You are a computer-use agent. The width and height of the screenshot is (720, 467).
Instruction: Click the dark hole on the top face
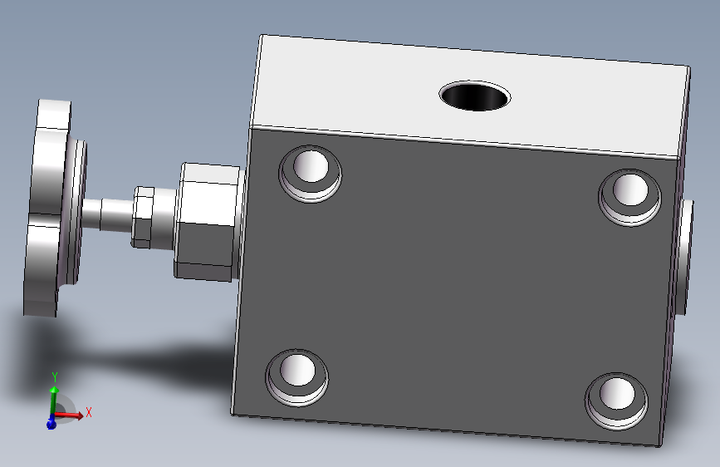[x=475, y=96]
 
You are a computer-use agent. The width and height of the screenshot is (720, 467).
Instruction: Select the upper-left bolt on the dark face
[x=311, y=174]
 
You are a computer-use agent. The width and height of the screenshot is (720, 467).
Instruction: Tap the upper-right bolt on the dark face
[x=630, y=197]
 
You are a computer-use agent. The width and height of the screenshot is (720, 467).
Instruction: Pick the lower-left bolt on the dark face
[x=297, y=377]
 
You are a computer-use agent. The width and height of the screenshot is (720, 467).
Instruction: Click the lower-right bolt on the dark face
[x=617, y=401]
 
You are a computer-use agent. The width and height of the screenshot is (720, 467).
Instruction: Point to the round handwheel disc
[x=54, y=208]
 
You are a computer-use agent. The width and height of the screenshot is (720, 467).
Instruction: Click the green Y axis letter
[x=55, y=377]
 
